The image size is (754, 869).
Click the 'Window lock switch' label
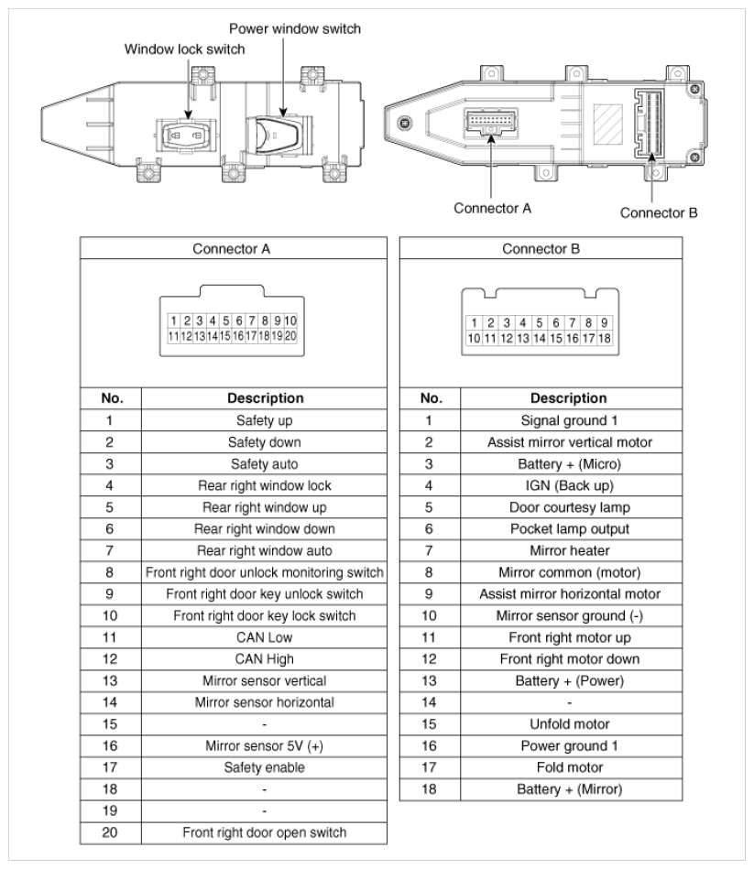(x=184, y=49)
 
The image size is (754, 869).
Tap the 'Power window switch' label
(x=295, y=28)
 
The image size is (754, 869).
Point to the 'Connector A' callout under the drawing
(x=493, y=208)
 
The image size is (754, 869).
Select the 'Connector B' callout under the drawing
(x=659, y=213)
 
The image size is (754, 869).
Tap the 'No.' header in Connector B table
(x=431, y=398)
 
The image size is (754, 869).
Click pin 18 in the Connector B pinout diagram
(x=605, y=338)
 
